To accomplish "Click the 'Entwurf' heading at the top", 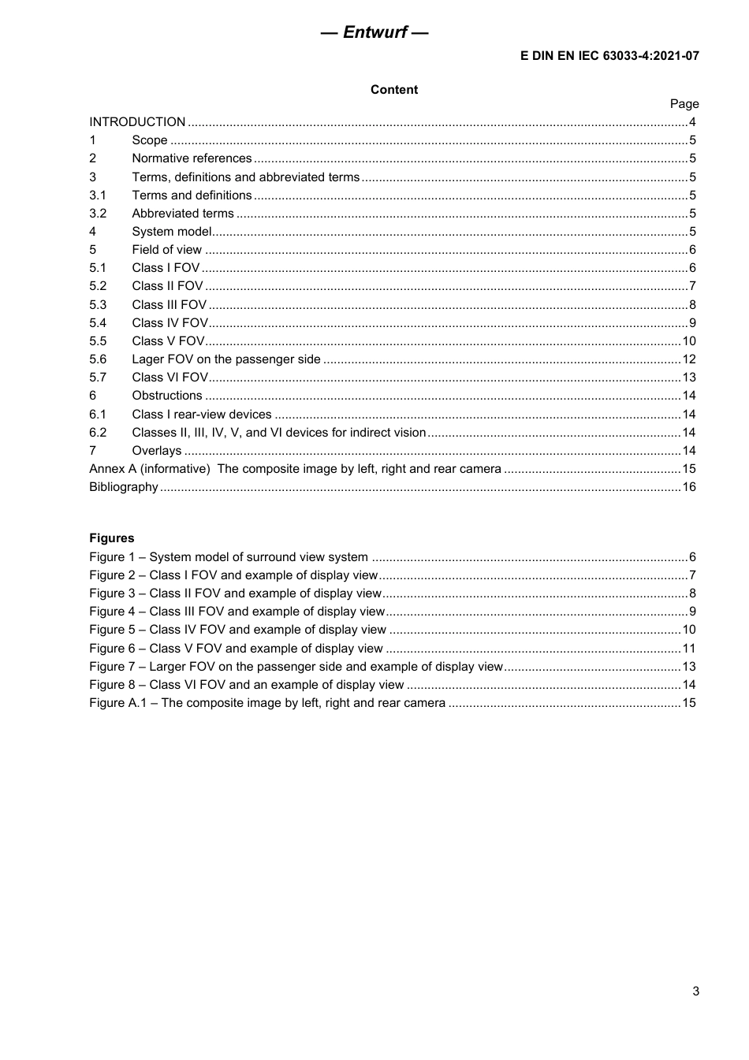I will (x=374, y=32).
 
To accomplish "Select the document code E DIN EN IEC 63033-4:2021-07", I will (x=609, y=56).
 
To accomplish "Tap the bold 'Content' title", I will (x=394, y=90).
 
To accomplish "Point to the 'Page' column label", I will (x=684, y=104).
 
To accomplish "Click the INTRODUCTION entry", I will (x=137, y=122).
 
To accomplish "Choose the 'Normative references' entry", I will (x=192, y=158).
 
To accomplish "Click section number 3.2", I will (x=98, y=214).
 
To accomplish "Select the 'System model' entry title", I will (x=171, y=232).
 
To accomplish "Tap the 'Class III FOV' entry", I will (x=169, y=305).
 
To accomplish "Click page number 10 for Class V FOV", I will (x=688, y=341).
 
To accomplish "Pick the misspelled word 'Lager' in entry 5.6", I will (x=147, y=359).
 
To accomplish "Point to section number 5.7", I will (x=98, y=378).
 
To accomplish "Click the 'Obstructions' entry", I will (x=166, y=396).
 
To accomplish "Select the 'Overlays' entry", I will (x=156, y=451).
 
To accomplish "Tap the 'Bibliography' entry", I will (x=124, y=487).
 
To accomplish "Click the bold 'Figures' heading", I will (x=112, y=538).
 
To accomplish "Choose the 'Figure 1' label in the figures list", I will (x=112, y=557).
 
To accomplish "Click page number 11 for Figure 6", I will (x=688, y=649).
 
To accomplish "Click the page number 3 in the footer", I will (x=695, y=991).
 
